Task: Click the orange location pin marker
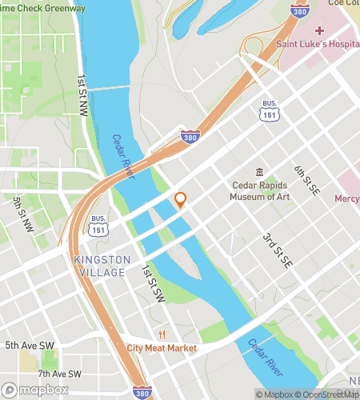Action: pos(180,200)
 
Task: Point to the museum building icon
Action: pos(259,172)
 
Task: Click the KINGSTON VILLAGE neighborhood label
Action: pos(99,266)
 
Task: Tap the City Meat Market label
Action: pos(162,348)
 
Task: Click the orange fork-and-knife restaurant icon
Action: pos(162,334)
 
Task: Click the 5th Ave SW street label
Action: pos(30,346)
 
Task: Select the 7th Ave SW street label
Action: pos(59,374)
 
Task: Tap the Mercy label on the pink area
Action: pos(346,198)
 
